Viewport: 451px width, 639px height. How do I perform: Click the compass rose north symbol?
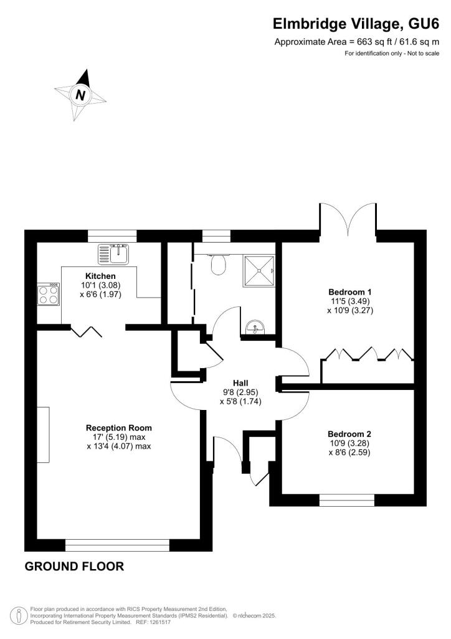(x=80, y=95)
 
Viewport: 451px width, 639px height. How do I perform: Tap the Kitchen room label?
(x=100, y=276)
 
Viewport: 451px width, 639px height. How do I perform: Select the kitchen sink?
(x=113, y=253)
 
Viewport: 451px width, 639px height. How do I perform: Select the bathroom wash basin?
(x=255, y=326)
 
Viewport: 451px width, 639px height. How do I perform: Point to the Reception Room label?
(x=119, y=428)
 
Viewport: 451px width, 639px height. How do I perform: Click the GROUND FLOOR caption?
(x=74, y=567)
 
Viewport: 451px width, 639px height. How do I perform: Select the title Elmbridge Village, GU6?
(x=356, y=24)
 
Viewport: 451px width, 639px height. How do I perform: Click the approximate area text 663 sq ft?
(x=357, y=42)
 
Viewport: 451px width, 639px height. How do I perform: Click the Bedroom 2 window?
(x=347, y=500)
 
